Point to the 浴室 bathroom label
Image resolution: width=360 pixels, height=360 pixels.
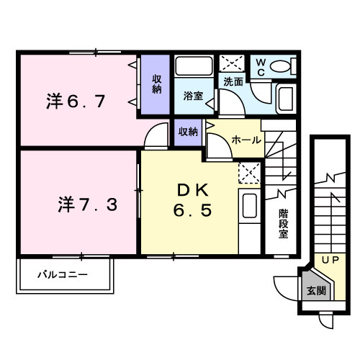pos(192,94)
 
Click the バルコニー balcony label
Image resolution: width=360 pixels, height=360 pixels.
pos(63,275)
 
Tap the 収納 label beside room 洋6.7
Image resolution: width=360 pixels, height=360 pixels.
pos(156,84)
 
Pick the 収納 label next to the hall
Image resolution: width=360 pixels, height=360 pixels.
pos(188,132)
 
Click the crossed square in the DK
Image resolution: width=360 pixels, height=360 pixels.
pos(249,173)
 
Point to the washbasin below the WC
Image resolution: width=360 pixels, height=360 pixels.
pos(284,98)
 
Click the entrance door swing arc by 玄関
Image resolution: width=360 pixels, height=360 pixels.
pos(284,286)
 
